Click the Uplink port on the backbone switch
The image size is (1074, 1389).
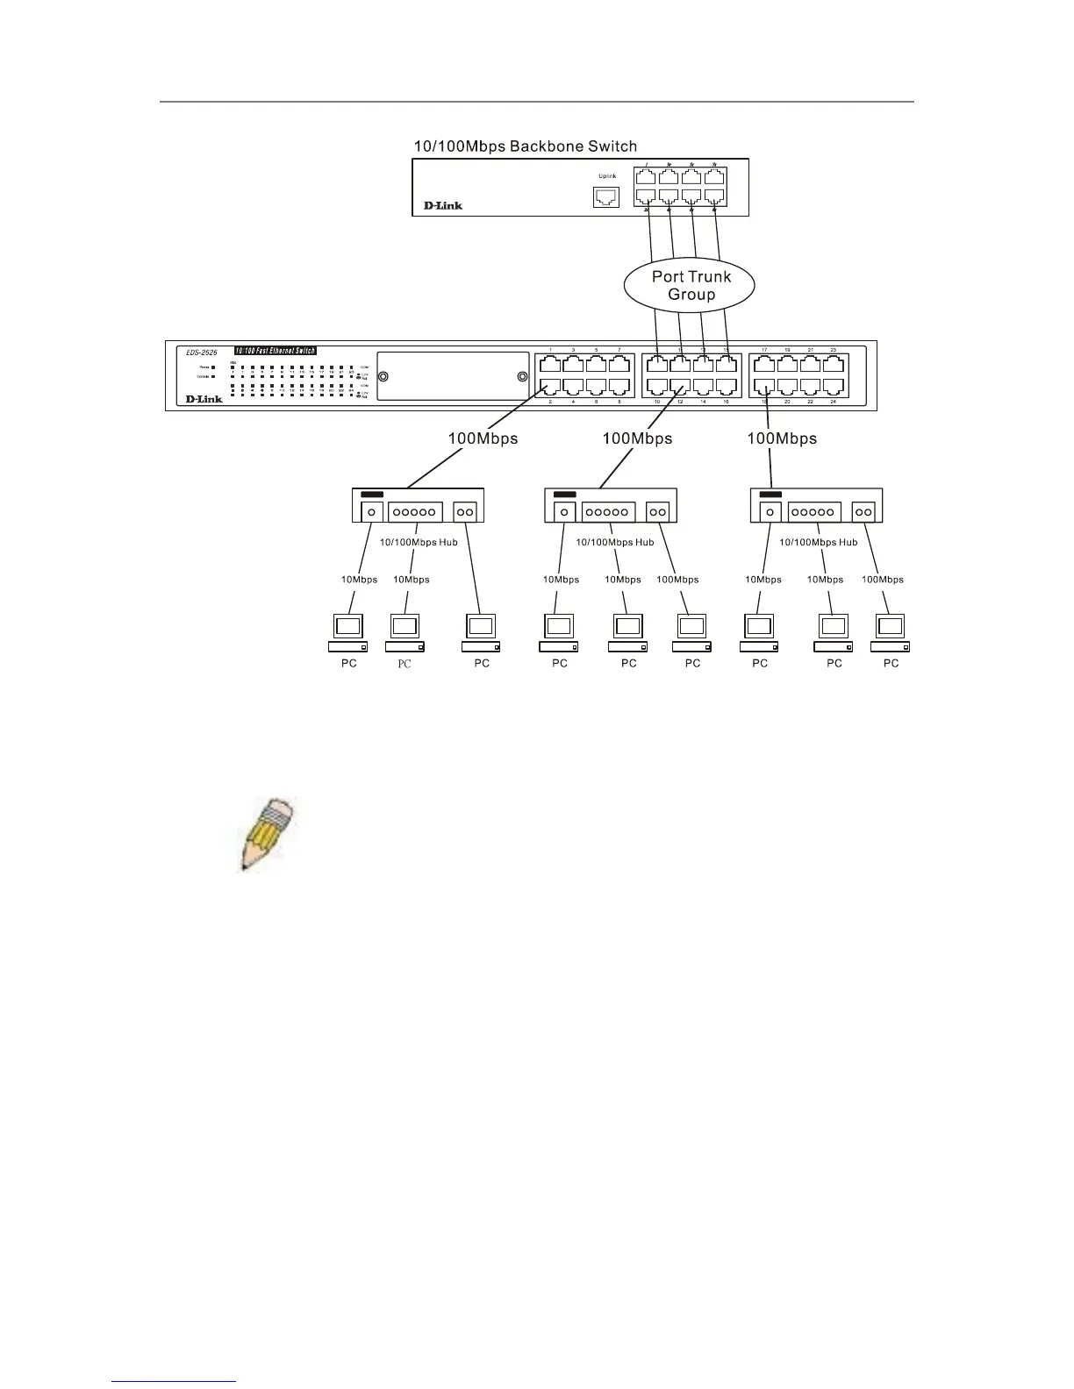tap(606, 197)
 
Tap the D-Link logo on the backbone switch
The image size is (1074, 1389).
tap(443, 205)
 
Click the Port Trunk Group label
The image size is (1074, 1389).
tap(691, 285)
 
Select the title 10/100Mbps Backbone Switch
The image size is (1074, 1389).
tap(525, 146)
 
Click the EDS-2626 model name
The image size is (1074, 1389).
tap(201, 352)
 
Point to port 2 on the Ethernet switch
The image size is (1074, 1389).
tap(550, 387)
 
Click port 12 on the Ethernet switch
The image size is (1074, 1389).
tap(680, 387)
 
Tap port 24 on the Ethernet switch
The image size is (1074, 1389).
tap(833, 387)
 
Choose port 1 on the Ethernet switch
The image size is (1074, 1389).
tap(550, 364)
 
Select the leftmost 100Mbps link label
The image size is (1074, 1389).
tap(483, 438)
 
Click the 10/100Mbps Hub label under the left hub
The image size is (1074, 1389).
tap(419, 542)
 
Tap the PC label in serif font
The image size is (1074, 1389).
tap(404, 664)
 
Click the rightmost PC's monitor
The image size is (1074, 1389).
tap(891, 626)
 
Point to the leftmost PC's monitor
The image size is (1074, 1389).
tap(348, 626)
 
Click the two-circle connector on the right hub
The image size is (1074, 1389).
tap(864, 511)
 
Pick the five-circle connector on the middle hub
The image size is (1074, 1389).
tap(608, 511)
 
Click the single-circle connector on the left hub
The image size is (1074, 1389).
tap(372, 511)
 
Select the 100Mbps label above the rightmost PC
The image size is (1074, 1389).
tap(882, 579)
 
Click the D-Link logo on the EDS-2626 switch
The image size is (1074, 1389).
tap(204, 399)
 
